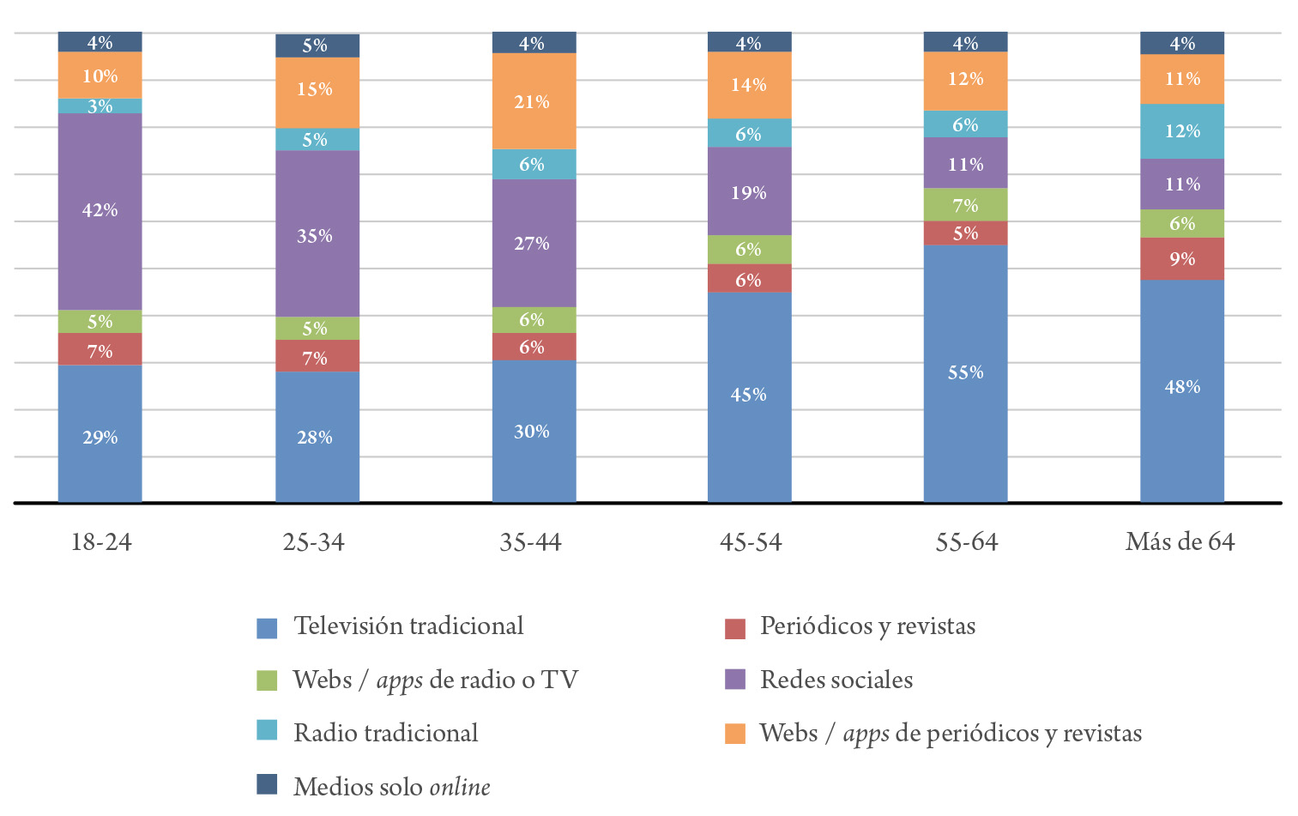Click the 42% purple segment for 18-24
click(x=100, y=211)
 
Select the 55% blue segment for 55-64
click(x=965, y=373)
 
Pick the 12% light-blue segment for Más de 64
click(x=1181, y=131)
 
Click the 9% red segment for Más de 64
click(x=1181, y=258)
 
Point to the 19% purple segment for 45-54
click(x=749, y=191)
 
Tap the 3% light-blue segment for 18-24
click(x=100, y=106)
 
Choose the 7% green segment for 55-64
click(x=965, y=205)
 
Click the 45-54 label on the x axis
click(x=751, y=542)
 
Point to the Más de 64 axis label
click(x=1180, y=542)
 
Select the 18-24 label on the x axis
click(x=101, y=542)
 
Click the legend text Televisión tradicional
click(x=408, y=626)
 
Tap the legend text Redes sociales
click(x=836, y=680)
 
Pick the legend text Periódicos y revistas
click(x=867, y=626)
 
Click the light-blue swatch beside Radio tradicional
click(x=267, y=730)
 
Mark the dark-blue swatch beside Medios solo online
click(x=267, y=784)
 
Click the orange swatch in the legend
click(x=735, y=734)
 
